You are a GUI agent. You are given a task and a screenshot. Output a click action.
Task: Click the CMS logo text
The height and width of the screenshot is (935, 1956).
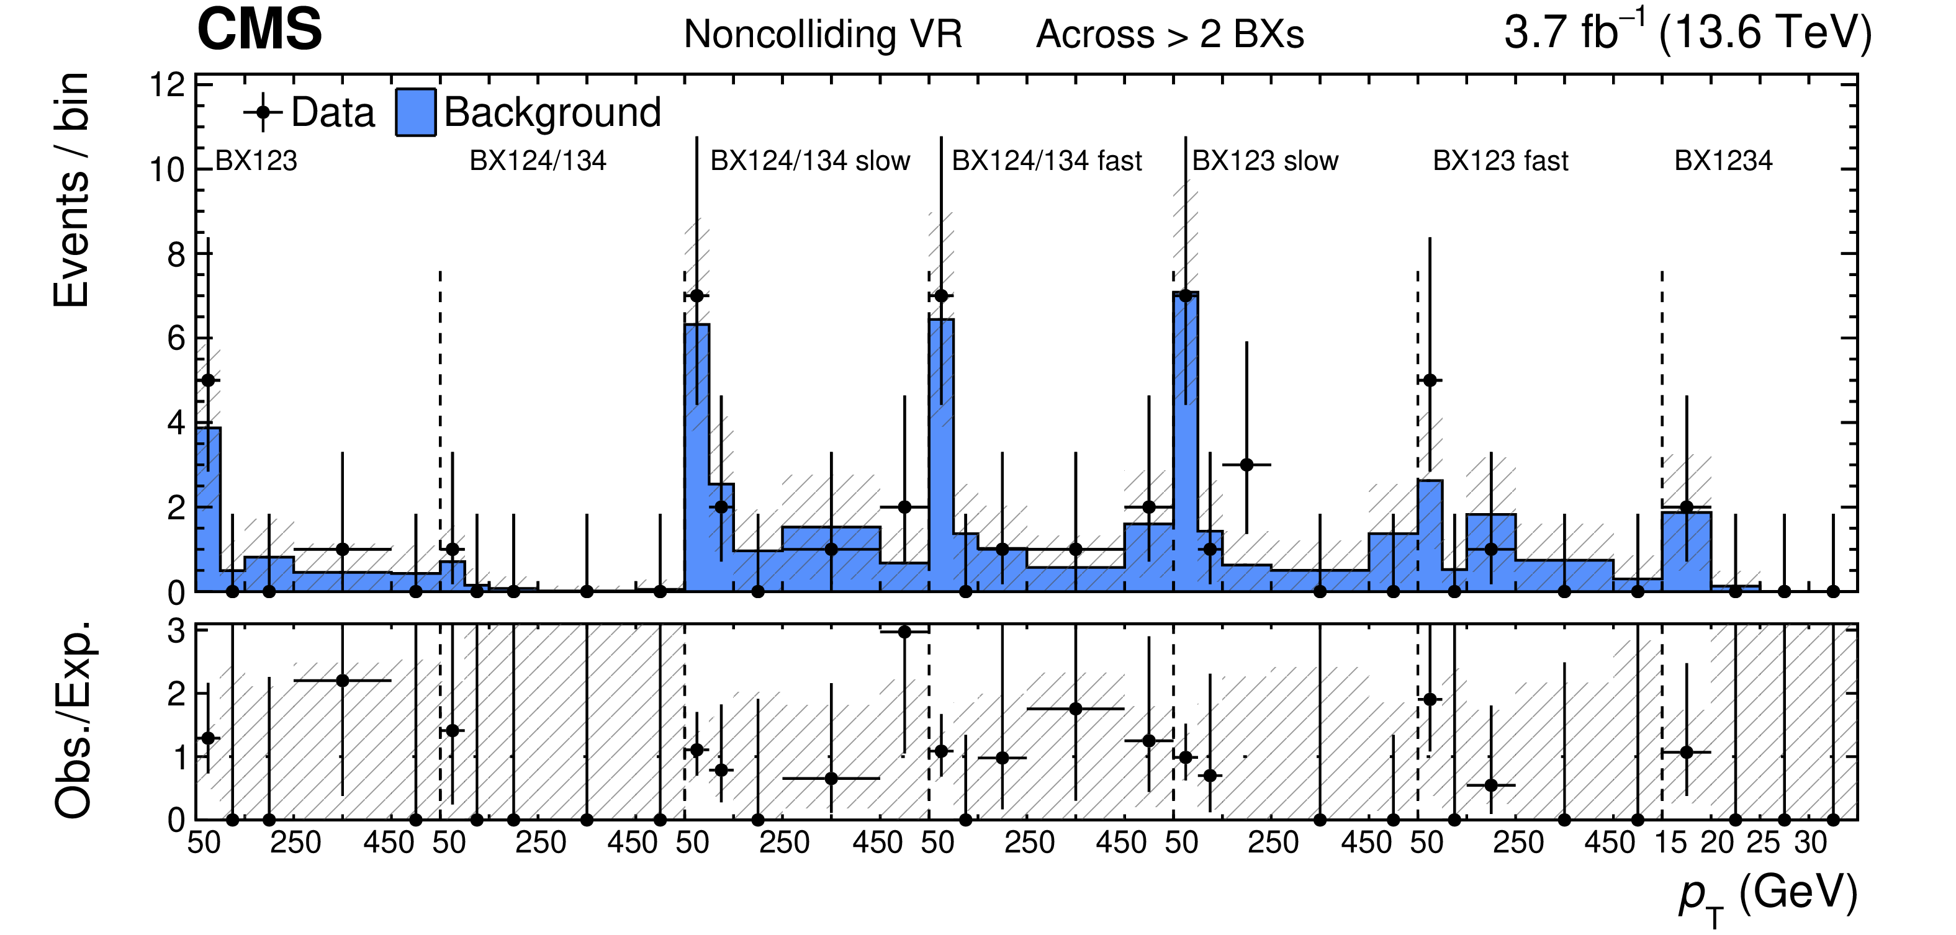[x=259, y=30]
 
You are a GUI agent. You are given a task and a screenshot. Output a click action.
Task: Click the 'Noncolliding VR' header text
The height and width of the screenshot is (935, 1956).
[x=823, y=35]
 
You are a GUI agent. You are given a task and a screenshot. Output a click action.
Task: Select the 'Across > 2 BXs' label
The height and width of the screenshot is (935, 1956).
[x=1170, y=35]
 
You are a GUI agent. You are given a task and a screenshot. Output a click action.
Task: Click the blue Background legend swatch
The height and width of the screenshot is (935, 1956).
[x=415, y=112]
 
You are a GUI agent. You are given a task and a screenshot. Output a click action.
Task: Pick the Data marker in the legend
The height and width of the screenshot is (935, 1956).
[x=263, y=112]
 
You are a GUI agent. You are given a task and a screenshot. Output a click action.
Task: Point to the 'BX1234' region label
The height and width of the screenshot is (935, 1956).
[x=1723, y=161]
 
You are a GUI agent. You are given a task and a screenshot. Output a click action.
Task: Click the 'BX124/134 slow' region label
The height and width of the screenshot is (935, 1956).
[x=809, y=161]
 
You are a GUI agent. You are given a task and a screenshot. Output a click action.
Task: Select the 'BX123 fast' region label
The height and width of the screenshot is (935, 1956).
[x=1500, y=161]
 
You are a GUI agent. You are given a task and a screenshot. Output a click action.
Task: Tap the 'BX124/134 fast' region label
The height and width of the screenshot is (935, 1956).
[x=1047, y=161]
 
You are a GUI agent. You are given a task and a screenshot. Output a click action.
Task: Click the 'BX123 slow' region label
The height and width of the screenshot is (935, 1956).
[x=1265, y=161]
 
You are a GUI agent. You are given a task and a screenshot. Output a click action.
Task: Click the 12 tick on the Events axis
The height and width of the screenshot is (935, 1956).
[x=167, y=85]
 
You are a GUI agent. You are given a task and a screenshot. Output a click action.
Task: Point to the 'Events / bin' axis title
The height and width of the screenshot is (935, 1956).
[x=71, y=190]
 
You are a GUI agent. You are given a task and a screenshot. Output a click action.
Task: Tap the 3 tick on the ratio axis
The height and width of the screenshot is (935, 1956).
[x=176, y=630]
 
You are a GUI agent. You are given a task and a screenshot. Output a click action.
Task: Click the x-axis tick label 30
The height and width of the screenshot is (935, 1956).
[x=1810, y=843]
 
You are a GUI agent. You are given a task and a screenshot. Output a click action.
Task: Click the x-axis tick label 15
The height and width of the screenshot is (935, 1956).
[x=1670, y=843]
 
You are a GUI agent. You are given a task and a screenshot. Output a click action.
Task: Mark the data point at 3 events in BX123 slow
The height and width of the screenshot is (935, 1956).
[x=1246, y=465]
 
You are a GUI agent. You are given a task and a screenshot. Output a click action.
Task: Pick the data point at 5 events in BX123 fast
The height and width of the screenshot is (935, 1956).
[x=1430, y=380]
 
